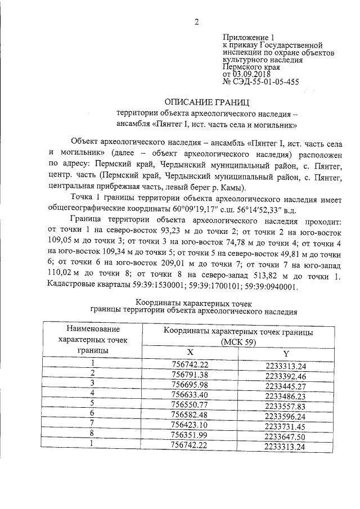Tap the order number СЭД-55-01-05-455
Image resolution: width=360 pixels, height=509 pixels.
267,82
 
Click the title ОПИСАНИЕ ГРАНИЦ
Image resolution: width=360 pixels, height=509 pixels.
205,102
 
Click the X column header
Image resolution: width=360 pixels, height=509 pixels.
190,352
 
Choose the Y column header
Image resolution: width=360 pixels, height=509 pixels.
286,352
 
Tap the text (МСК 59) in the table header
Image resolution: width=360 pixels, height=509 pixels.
238,341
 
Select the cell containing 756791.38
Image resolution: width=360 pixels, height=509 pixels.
190,374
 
